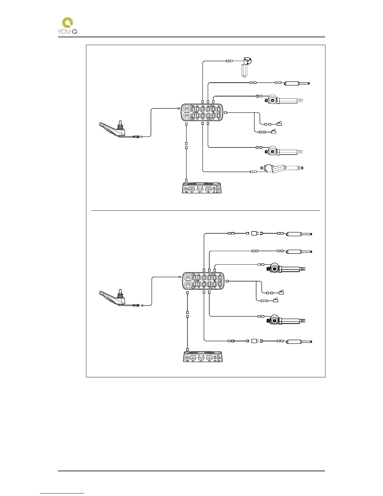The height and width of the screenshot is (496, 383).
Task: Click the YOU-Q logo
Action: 68,26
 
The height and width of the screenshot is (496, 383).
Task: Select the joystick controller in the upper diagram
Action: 112,129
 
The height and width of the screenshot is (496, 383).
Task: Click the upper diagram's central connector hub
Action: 202,112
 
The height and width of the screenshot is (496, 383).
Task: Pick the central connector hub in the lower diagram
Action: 203,281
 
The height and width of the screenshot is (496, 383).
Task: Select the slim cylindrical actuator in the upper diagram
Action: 296,83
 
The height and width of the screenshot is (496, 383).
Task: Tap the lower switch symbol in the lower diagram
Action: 276,300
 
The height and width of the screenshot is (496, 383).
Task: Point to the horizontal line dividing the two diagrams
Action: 205,211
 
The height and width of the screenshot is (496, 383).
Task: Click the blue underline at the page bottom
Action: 62,493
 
